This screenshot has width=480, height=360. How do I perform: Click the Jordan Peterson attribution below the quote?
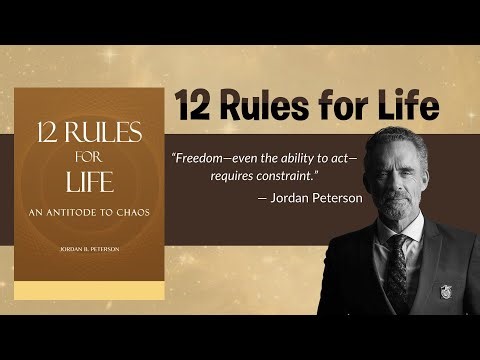point(311,197)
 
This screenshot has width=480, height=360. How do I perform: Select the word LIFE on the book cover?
point(88,184)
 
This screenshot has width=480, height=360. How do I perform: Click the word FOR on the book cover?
point(88,156)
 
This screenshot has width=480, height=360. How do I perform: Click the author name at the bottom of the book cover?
point(88,250)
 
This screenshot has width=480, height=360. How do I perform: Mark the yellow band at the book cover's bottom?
point(88,290)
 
